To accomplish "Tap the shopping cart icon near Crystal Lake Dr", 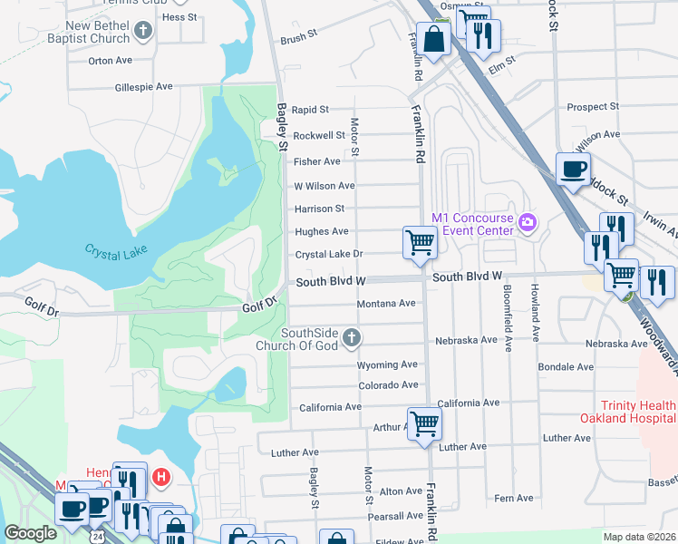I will click(x=420, y=242).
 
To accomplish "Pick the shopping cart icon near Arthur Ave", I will click(x=424, y=423).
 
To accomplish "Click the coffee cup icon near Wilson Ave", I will click(x=573, y=169).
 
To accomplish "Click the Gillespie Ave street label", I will click(x=143, y=87).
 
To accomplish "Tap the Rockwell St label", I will click(x=319, y=135).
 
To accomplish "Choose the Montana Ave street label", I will click(x=385, y=304).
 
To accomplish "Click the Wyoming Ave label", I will click(x=387, y=364).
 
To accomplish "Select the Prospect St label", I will click(x=593, y=107).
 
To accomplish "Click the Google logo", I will click(x=30, y=533).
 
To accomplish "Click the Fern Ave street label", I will click(x=514, y=499).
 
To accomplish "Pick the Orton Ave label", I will click(x=110, y=61).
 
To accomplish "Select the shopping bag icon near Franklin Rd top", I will click(x=435, y=39).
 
